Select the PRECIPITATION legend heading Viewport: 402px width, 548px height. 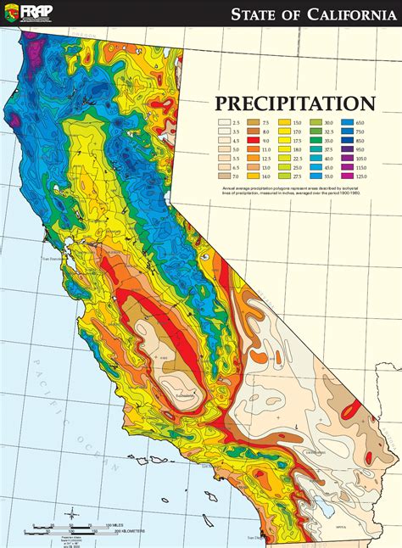tap(294, 104)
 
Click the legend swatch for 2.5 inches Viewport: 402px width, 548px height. tap(224, 123)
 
